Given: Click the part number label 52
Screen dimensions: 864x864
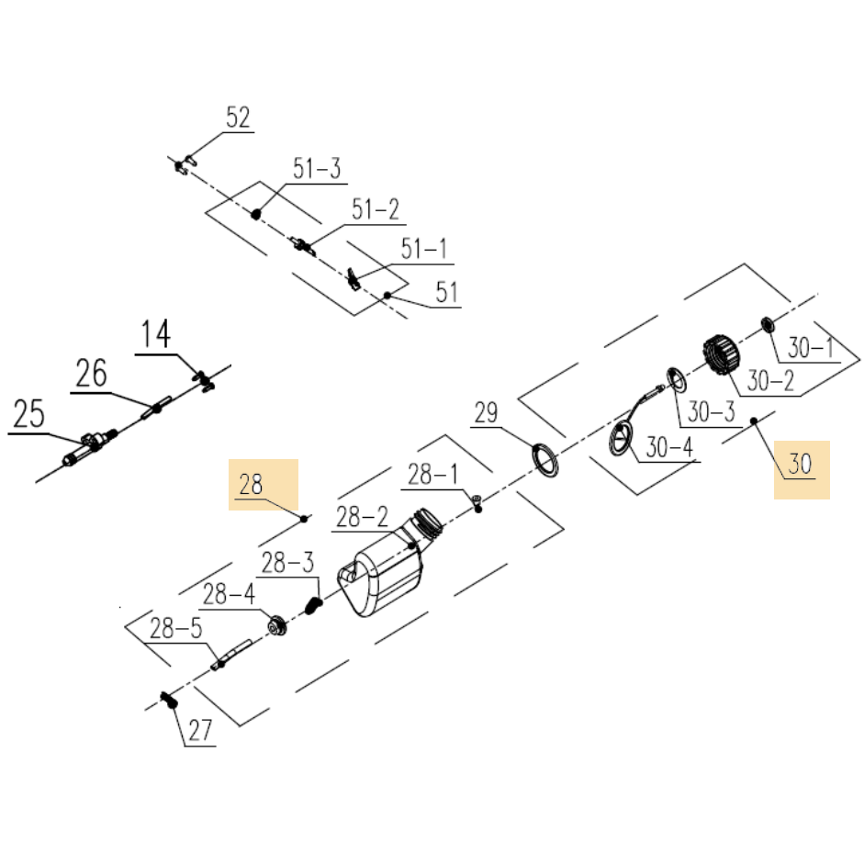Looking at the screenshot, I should (238, 118).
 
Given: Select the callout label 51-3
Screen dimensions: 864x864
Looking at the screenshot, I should (317, 169).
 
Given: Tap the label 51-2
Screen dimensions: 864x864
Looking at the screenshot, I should (375, 210).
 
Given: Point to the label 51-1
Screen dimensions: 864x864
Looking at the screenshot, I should (425, 248).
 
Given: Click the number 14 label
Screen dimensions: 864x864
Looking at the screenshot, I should (156, 335).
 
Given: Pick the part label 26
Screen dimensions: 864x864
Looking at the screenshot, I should (91, 375).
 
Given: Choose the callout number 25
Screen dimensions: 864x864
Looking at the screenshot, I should (29, 414).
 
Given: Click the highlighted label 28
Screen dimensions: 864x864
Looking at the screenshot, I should (252, 484).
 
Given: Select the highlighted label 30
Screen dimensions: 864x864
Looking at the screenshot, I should (801, 465).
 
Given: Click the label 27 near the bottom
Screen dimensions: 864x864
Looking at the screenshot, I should (200, 731).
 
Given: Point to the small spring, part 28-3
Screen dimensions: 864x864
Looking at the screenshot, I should (312, 607).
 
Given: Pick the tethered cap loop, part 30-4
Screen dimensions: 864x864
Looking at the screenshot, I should (624, 434).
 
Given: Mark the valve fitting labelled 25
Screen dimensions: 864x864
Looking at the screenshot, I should (88, 446).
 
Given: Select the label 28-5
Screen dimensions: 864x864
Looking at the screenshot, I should (174, 630).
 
